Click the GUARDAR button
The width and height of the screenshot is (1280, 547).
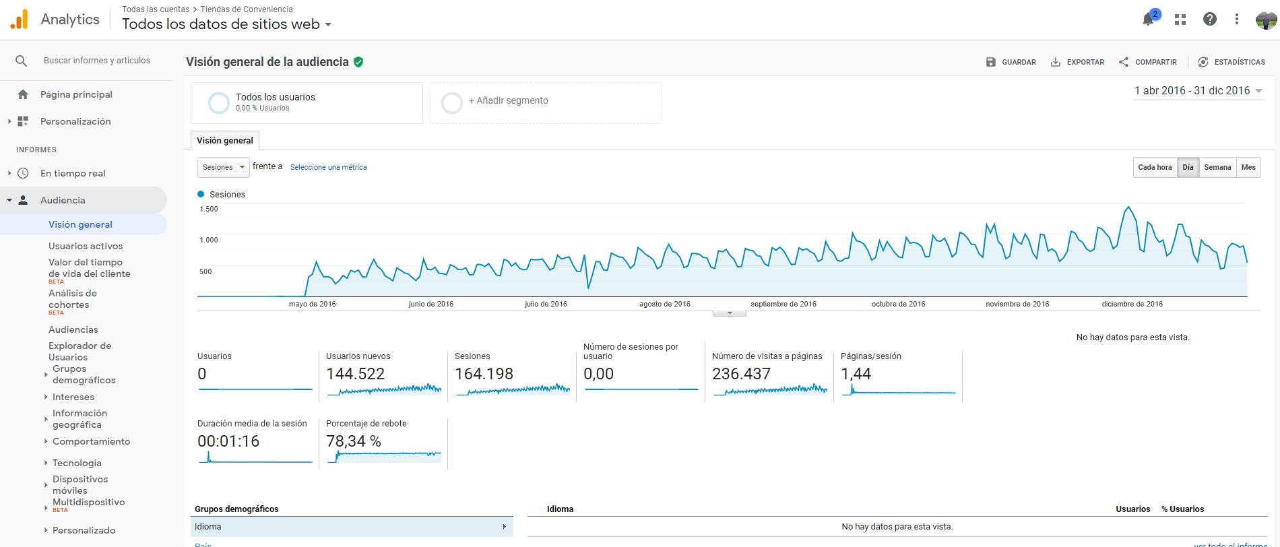click(1011, 62)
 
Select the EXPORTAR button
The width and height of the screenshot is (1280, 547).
click(1077, 62)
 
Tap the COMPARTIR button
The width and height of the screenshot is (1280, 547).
click(1148, 62)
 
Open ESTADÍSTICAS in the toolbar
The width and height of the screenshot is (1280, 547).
click(1231, 62)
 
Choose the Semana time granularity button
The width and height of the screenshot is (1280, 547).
click(1217, 167)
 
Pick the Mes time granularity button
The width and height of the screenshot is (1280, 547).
click(1248, 167)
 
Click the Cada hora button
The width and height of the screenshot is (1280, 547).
click(1155, 167)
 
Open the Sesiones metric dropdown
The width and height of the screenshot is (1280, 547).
click(223, 167)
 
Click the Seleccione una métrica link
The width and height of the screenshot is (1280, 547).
click(329, 167)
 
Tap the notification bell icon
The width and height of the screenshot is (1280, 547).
click(1149, 19)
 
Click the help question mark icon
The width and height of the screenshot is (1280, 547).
click(1210, 19)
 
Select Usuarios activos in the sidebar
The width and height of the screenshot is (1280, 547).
click(86, 246)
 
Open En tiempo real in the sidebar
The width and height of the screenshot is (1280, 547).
click(73, 173)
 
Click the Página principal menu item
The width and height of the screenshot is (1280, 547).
click(76, 94)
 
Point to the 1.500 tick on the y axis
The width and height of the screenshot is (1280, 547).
click(209, 209)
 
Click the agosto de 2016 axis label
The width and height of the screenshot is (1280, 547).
click(665, 304)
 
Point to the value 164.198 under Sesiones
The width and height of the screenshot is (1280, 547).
click(484, 374)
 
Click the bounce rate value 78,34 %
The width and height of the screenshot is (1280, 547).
click(354, 441)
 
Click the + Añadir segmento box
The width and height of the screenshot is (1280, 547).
click(546, 102)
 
